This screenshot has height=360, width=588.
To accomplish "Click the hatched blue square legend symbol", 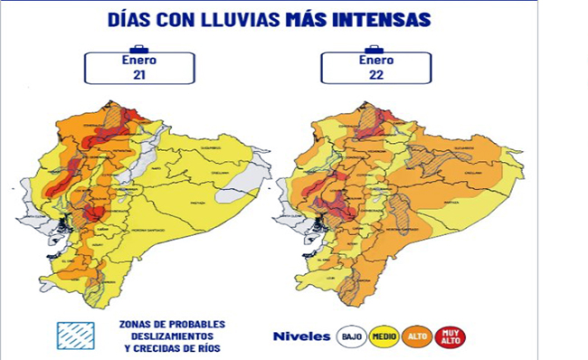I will [74, 336].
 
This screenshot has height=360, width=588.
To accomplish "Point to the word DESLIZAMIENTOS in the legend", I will [171, 336].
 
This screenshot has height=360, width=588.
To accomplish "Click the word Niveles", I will [301, 336].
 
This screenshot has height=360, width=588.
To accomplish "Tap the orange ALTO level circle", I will [417, 336].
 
